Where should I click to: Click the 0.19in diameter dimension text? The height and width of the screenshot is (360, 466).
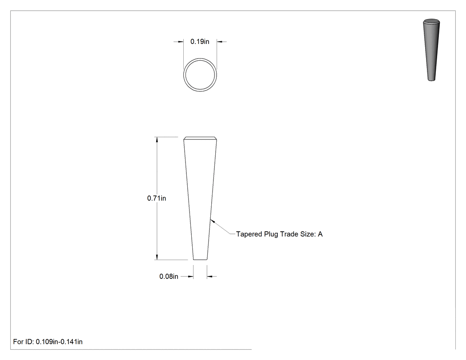click(200, 42)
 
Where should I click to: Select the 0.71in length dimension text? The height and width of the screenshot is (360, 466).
click(157, 198)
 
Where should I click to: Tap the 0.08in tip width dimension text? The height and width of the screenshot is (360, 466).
click(169, 277)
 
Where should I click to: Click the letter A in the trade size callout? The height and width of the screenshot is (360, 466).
click(320, 234)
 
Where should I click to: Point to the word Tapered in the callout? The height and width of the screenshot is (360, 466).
click(249, 234)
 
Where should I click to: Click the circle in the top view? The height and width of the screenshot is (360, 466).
click(200, 59)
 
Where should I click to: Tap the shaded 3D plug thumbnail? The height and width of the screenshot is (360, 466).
click(431, 50)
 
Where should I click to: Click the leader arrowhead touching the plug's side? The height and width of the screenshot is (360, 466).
click(212, 221)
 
